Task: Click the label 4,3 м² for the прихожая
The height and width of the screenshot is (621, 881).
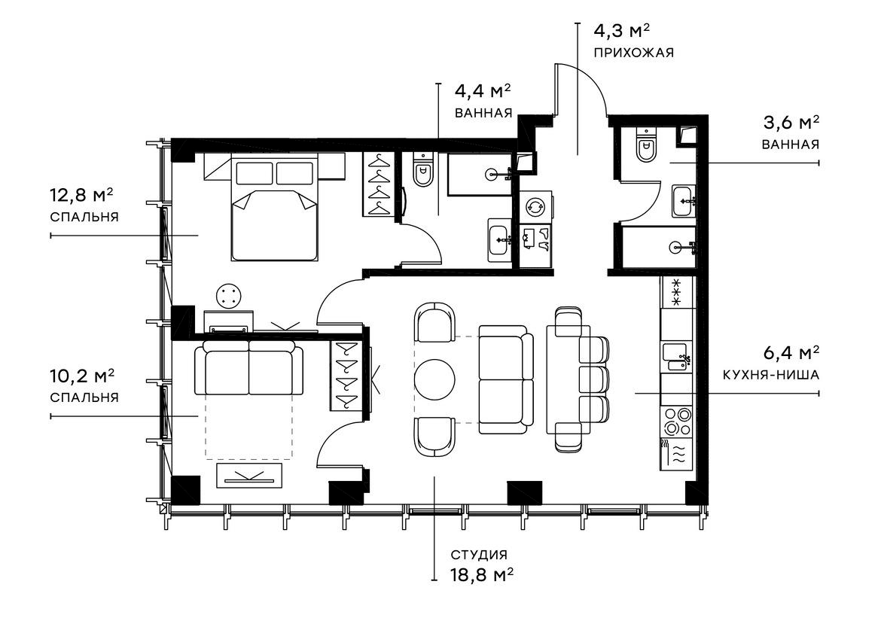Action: click(x=621, y=32)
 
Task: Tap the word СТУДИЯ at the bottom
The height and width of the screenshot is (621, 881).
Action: click(x=478, y=556)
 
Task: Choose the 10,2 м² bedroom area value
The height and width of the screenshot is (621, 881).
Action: click(x=81, y=375)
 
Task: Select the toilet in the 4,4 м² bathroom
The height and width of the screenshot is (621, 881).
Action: click(x=422, y=172)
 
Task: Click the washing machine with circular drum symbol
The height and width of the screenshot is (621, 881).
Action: click(x=535, y=206)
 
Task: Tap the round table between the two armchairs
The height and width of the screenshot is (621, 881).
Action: click(x=435, y=379)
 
